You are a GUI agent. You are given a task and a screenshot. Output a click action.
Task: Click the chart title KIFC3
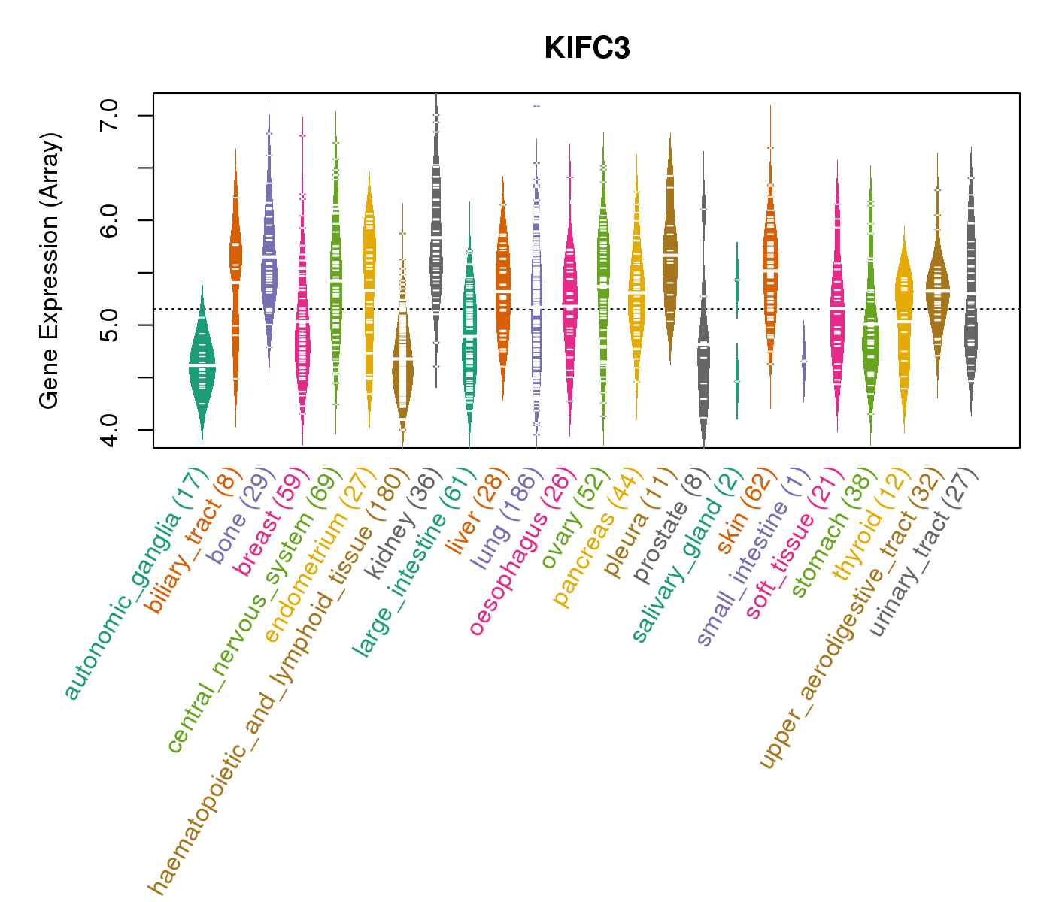(587, 48)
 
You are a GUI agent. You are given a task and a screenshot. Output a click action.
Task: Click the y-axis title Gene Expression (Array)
(50, 271)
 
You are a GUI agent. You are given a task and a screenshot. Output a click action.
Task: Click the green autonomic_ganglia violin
(202, 365)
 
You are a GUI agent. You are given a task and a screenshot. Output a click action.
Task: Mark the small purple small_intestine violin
(803, 361)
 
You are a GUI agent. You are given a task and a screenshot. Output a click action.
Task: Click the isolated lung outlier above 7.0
(536, 106)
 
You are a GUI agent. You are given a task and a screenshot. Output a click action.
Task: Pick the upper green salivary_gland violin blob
(737, 279)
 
